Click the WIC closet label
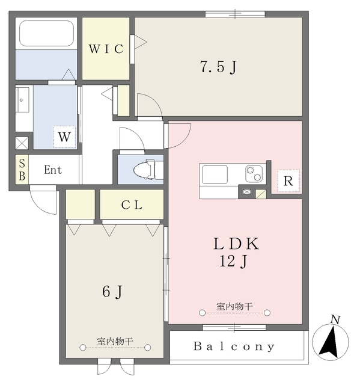pyautogui.click(x=106, y=49)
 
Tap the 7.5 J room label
pyautogui.click(x=219, y=66)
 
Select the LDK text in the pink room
pyautogui.click(x=236, y=244)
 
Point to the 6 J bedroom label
pyautogui.click(x=112, y=292)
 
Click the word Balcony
pyautogui.click(x=234, y=346)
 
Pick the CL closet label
pyautogui.click(x=132, y=205)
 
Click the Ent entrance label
pyautogui.click(x=53, y=170)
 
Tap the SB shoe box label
pyautogui.click(x=22, y=170)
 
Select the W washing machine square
pyautogui.click(x=64, y=137)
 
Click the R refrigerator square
pyautogui.click(x=288, y=181)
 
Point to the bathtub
pyautogui.click(x=47, y=33)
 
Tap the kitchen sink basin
pyautogui.click(x=215, y=174)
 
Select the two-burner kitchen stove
pyautogui.click(x=254, y=174)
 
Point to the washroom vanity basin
pyautogui.click(x=23, y=100)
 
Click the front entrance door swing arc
pyautogui.click(x=43, y=203)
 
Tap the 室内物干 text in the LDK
pyautogui.click(x=234, y=306)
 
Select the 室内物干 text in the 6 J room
pyautogui.click(x=115, y=341)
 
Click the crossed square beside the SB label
pyautogui.click(x=22, y=143)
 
